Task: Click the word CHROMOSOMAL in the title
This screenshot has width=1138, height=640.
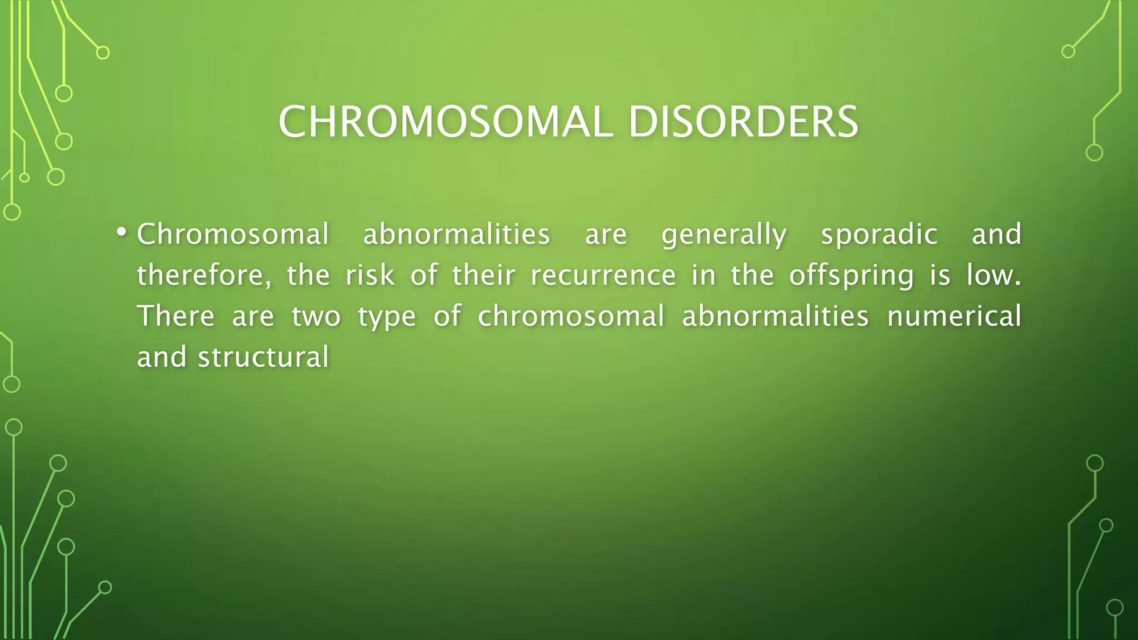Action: click(x=445, y=122)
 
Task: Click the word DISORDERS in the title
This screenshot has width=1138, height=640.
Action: click(x=743, y=122)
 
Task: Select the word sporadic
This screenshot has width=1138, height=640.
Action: click(x=879, y=234)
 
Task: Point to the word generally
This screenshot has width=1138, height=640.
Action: click(x=724, y=234)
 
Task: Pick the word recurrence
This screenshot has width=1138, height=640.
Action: click(x=603, y=276)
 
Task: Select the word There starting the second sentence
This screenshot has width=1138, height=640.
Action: click(x=176, y=316)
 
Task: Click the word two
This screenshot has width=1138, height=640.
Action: click(x=316, y=316)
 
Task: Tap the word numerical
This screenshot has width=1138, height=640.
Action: click(x=954, y=316)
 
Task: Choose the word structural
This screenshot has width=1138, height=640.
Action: click(x=263, y=357)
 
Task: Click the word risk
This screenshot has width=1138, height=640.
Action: click(x=370, y=276)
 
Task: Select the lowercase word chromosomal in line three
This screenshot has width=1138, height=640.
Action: click(x=571, y=316)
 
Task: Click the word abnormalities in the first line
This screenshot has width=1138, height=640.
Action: click(x=456, y=234)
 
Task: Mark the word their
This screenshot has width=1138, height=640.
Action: click(x=483, y=276)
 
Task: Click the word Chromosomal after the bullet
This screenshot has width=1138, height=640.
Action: click(x=233, y=234)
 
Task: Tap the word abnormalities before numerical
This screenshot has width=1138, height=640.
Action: click(x=775, y=316)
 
